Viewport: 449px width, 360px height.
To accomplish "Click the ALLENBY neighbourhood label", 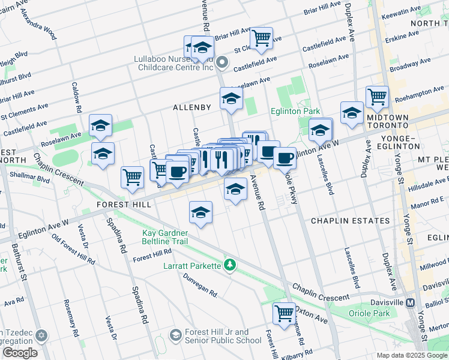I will point(192,107).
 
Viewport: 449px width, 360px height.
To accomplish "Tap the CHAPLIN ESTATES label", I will point(350,221).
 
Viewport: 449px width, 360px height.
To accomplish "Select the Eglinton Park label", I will point(298,111).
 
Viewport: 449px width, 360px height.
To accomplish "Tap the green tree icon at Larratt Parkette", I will point(229,264).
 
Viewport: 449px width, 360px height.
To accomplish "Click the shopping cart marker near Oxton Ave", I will point(284,312).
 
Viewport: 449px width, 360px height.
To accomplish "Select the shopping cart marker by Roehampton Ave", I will point(377,95).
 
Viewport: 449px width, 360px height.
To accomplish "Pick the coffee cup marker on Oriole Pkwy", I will point(285,158).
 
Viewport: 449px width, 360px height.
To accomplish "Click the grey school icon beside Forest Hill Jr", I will point(176,334).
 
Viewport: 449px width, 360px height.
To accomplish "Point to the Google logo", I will point(20,353).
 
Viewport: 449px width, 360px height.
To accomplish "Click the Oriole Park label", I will point(370,313).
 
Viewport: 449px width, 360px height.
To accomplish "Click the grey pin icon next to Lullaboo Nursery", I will point(222,62).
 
